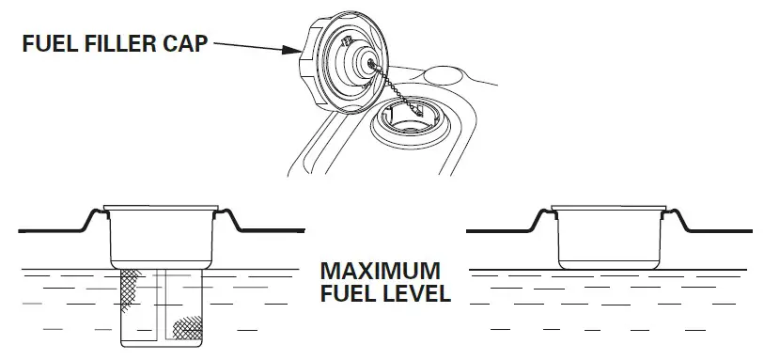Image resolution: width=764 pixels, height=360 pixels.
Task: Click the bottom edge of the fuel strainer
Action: (x=165, y=345)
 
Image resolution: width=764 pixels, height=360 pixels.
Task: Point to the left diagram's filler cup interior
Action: (x=165, y=235)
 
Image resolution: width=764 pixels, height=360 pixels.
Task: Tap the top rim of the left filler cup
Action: (x=165, y=207)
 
